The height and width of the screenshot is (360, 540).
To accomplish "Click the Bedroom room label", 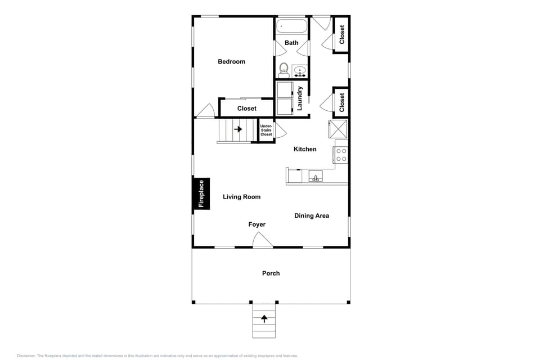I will coord(231,61).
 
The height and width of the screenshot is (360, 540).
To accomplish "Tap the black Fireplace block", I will coord(201,193).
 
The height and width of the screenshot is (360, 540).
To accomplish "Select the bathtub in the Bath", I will coord(291,26).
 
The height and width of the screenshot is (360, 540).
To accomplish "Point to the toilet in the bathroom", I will coord(284,70).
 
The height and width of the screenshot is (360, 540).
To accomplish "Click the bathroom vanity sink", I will coord(300,71).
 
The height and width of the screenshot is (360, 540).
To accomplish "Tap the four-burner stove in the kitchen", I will coord(340,155).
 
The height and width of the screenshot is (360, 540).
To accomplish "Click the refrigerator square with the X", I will coord(339,129).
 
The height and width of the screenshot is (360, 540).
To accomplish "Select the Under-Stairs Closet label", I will coord(266,130).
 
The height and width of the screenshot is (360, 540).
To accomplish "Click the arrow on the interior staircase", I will coord(238,129).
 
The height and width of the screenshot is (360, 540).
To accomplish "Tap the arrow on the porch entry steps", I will coord(264,319).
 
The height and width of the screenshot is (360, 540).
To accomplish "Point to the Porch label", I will coord(271,273).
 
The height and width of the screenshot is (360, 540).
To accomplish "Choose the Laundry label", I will coord(300,98).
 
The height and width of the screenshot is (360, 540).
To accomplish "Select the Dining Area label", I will coord(312,215).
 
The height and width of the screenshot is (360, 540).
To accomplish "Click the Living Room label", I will coord(241,197).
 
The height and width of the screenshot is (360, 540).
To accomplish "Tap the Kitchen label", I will coord(305,149).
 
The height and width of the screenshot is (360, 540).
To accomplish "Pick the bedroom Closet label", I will coord(246,109).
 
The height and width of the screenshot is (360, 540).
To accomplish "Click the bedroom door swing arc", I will coord(205,110).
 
